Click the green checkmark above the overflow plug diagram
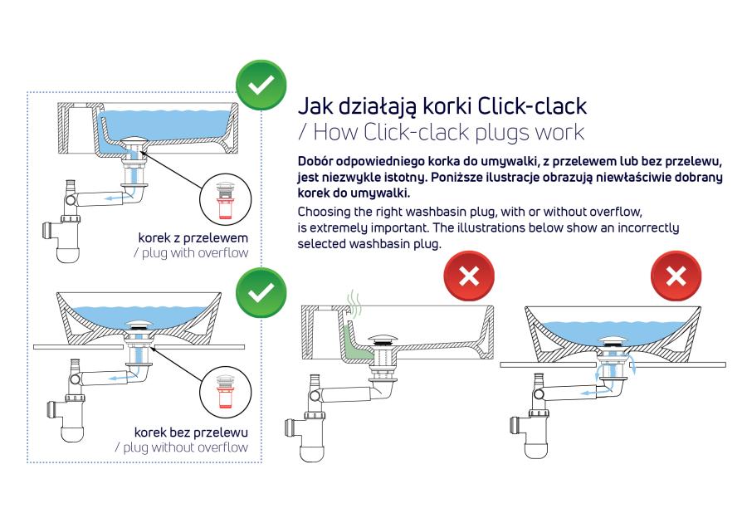pos(261,86)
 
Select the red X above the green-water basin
pos(469,276)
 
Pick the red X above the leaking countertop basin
pos(676,276)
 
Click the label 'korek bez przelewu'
pos(192,433)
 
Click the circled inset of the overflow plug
pos(223,194)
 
